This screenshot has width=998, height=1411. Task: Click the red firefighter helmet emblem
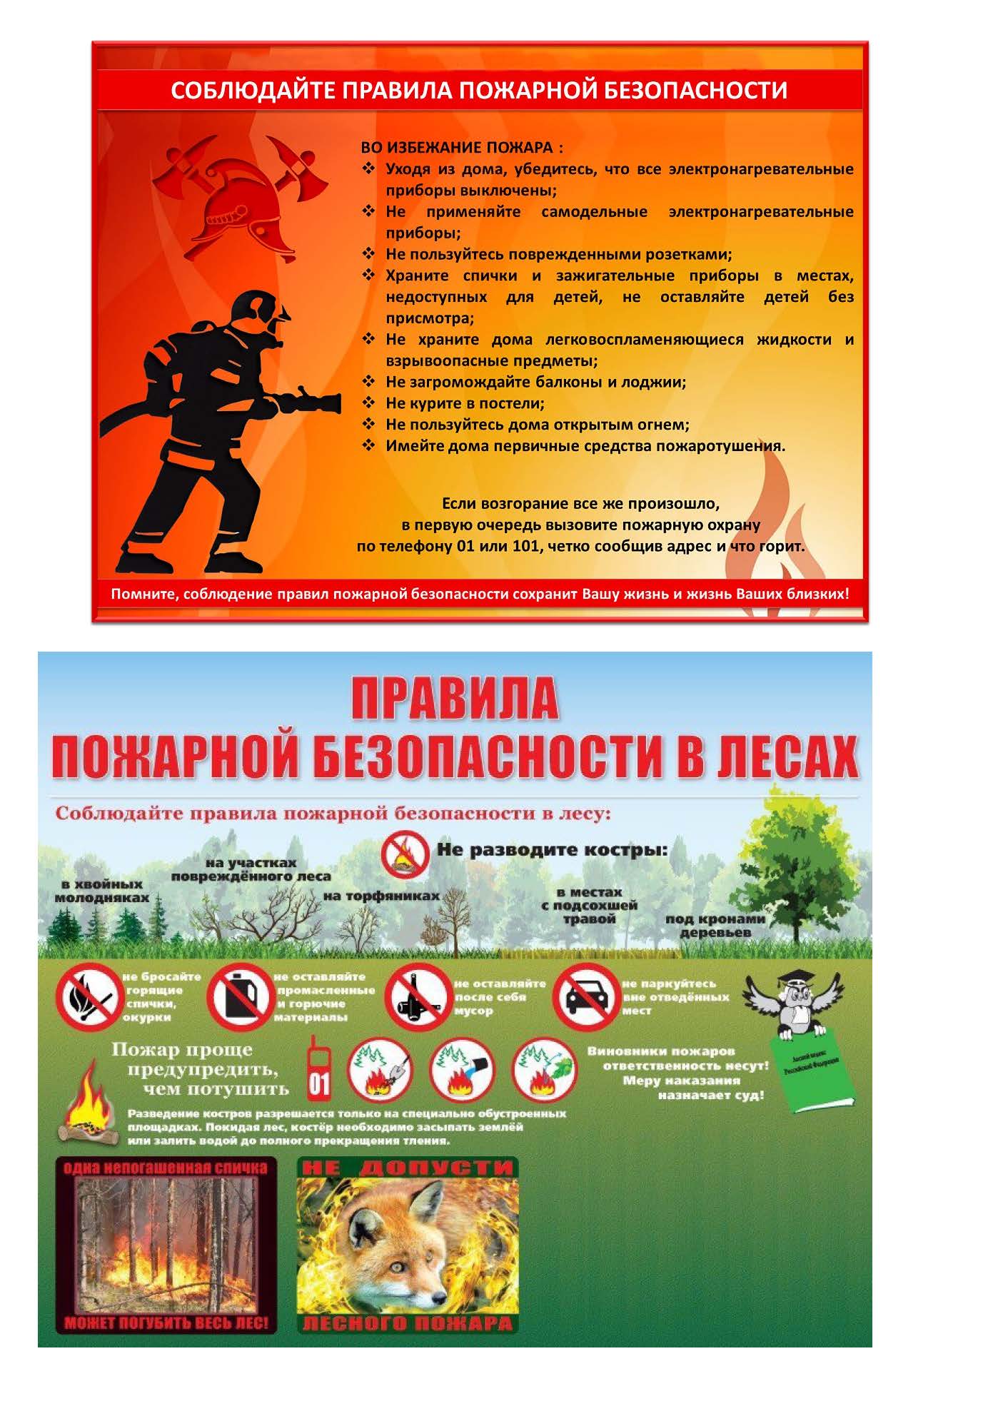[x=241, y=201]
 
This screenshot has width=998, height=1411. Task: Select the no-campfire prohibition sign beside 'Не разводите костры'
[x=405, y=856]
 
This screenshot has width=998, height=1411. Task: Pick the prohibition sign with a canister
[x=239, y=996]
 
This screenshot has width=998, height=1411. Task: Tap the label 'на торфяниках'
[x=381, y=896]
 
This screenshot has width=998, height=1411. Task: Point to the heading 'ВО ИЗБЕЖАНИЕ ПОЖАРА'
[x=461, y=148]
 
